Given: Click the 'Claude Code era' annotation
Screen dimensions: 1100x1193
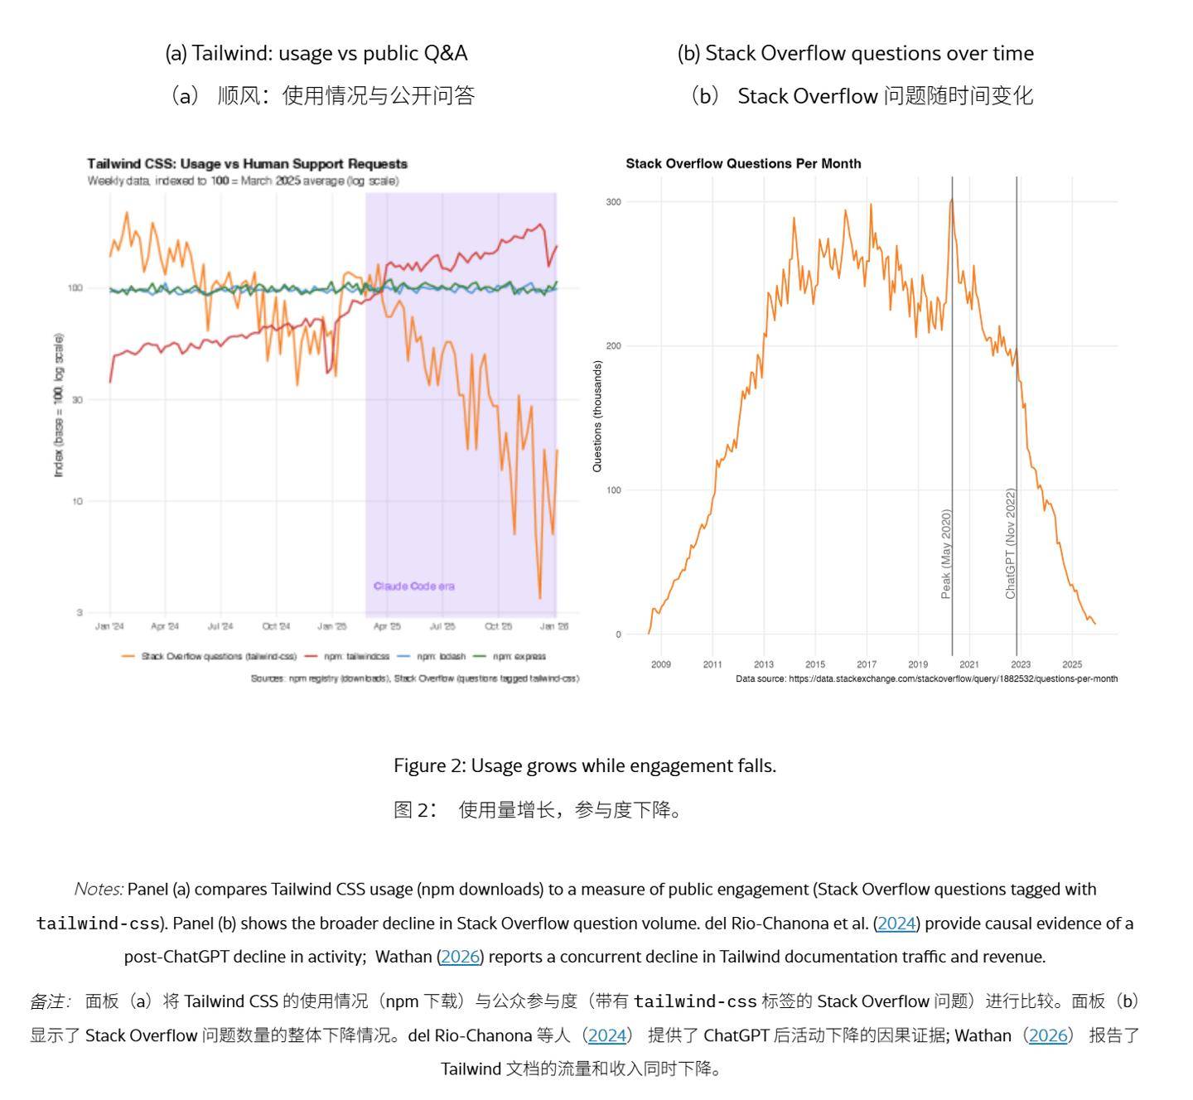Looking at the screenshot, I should pyautogui.click(x=413, y=586).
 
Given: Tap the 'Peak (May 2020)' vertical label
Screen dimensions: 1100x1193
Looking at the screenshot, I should pyautogui.click(x=946, y=553).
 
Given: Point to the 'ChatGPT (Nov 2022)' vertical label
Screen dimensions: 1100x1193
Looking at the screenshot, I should pyautogui.click(x=1010, y=543).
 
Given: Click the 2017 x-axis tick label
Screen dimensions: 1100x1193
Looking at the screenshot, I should pyautogui.click(x=867, y=664).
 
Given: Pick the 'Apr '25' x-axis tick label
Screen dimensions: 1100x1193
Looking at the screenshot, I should pyautogui.click(x=387, y=627).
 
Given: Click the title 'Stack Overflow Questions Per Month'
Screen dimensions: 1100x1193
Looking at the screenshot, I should pyautogui.click(x=743, y=164).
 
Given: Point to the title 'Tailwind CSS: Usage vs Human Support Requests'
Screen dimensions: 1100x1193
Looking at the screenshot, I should pyautogui.click(x=247, y=164).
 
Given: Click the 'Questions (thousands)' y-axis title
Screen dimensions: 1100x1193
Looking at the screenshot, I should pyautogui.click(x=597, y=416).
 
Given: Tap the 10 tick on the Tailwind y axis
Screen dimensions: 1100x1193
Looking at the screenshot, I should pyautogui.click(x=77, y=502).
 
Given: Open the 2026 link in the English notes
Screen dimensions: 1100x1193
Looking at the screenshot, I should pyautogui.click(x=460, y=957).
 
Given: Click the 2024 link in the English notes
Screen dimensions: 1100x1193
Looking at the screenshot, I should pyautogui.click(x=896, y=924).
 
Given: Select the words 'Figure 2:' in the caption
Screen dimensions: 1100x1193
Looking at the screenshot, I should pyautogui.click(x=430, y=766).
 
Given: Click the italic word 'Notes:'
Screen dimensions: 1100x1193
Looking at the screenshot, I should pyautogui.click(x=99, y=890).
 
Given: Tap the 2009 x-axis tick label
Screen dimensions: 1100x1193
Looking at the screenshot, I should pyautogui.click(x=661, y=664).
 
